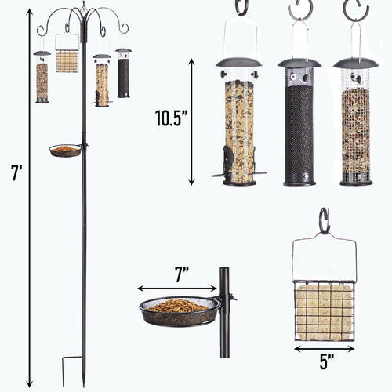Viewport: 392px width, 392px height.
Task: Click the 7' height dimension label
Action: [x=16, y=174]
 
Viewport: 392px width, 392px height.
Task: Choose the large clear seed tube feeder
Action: [x=239, y=129]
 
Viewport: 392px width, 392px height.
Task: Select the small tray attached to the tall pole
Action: [x=66, y=149]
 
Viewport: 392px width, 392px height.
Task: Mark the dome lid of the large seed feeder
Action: [x=239, y=63]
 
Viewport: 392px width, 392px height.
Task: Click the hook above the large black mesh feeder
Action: [x=298, y=9]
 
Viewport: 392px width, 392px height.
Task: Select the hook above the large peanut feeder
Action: [x=354, y=9]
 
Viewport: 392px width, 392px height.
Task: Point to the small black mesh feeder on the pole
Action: [x=123, y=74]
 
